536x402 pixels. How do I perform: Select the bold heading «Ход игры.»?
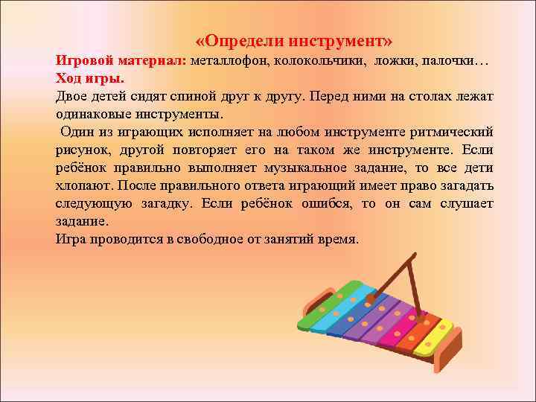90,78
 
